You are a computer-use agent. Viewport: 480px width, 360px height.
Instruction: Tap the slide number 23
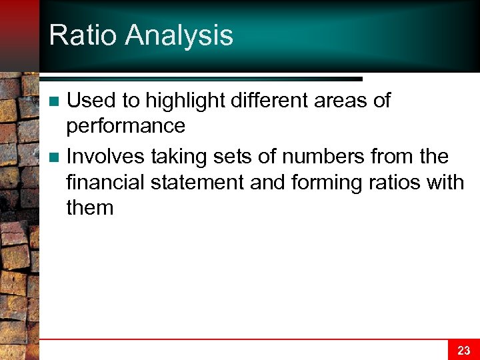click(464, 350)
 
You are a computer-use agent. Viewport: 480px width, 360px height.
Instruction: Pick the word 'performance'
click(125, 125)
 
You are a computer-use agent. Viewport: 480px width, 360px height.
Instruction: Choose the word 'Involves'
click(106, 157)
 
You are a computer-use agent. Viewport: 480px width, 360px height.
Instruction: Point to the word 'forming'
click(321, 182)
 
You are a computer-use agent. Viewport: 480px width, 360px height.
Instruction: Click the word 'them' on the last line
click(90, 207)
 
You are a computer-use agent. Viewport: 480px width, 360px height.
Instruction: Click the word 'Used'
click(92, 101)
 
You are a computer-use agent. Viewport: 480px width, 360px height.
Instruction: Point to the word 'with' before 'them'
click(446, 182)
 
